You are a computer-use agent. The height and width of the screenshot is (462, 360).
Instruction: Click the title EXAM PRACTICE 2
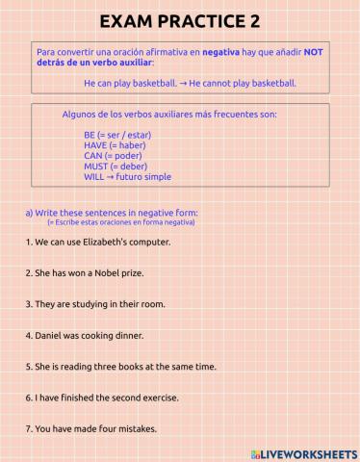[x=180, y=20]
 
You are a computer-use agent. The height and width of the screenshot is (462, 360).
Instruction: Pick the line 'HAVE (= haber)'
[x=115, y=145]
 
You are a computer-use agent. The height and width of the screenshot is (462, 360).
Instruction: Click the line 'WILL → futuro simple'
[x=127, y=177]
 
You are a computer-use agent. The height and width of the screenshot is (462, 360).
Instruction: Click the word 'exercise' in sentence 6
[x=160, y=398]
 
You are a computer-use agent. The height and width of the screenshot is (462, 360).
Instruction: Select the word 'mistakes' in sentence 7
[x=137, y=429]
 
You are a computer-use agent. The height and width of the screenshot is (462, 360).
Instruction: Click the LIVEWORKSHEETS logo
[x=302, y=452]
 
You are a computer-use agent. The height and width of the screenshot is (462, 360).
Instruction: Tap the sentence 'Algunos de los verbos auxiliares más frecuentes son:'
[x=168, y=114]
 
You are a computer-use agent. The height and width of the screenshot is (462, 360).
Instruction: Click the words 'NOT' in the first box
[x=314, y=52]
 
